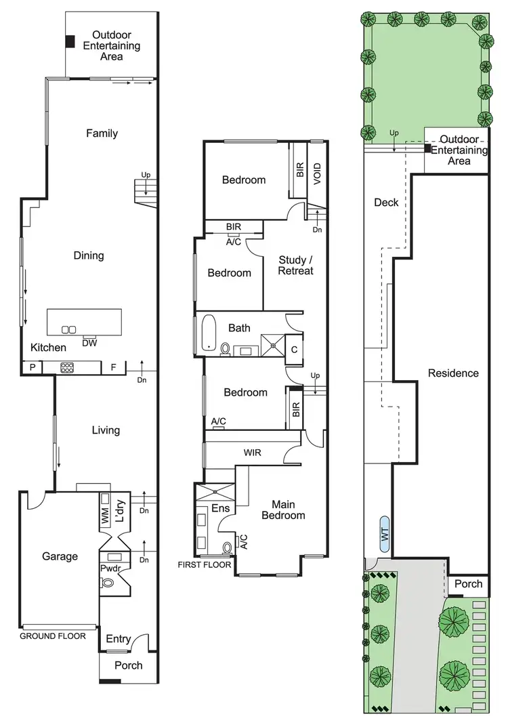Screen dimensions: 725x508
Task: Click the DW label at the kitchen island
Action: (89, 343)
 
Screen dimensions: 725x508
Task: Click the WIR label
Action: (253, 453)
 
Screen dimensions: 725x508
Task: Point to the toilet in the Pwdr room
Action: (107, 582)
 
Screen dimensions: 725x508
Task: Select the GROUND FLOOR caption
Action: (53, 636)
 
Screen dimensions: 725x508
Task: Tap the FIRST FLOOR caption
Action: (205, 564)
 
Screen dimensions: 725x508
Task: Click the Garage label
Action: (60, 556)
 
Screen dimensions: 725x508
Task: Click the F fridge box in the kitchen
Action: (113, 368)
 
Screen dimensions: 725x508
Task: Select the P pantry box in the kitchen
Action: (32, 368)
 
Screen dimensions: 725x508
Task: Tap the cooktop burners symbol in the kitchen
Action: (68, 368)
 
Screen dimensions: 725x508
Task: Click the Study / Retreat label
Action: (296, 265)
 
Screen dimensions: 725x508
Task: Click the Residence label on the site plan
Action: (453, 373)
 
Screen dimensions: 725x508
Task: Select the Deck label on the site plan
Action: (386, 203)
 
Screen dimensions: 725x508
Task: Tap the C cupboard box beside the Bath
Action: (293, 349)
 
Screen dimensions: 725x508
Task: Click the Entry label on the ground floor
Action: (119, 639)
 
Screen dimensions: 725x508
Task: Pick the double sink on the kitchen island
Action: (68, 329)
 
